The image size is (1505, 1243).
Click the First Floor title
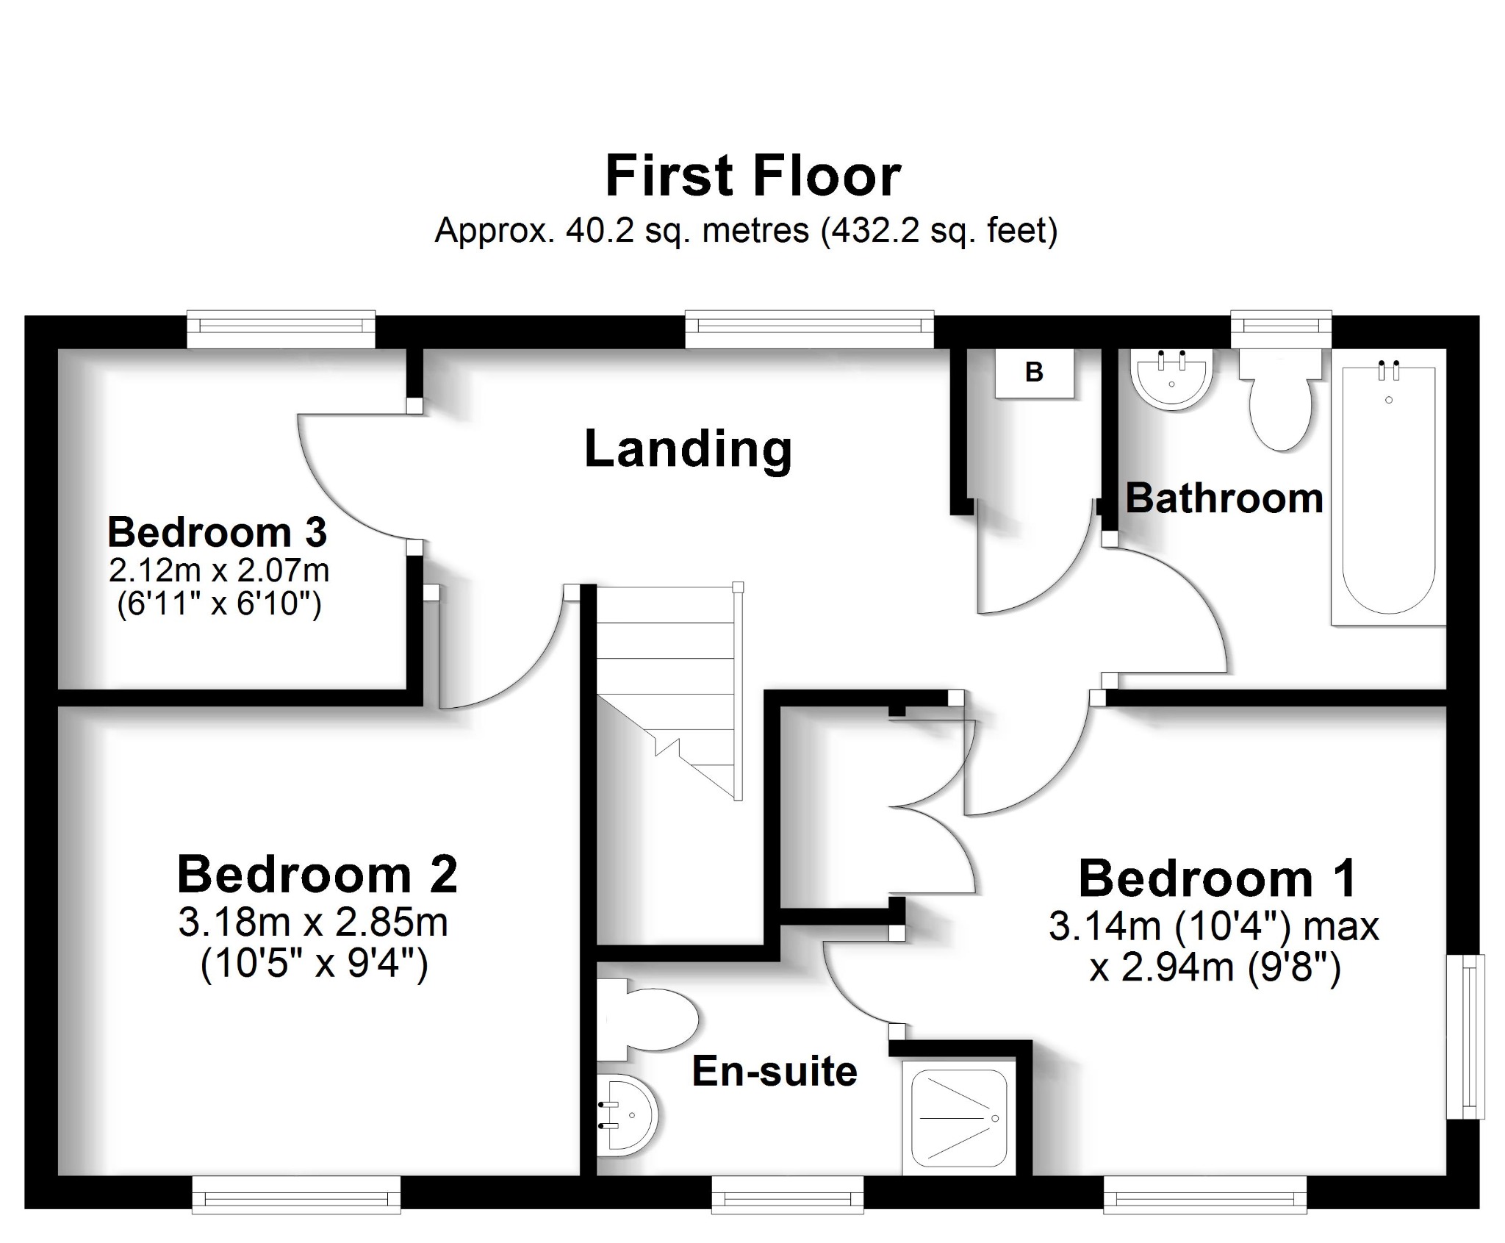(x=752, y=176)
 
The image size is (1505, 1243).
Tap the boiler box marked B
(x=1034, y=373)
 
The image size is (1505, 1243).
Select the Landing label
(x=688, y=449)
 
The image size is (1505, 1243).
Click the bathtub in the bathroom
(x=1387, y=492)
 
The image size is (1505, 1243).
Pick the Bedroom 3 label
(x=217, y=532)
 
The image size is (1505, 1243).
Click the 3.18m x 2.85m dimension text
(x=313, y=923)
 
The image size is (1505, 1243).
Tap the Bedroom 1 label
(x=1217, y=878)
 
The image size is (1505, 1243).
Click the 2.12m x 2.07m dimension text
(x=218, y=570)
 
